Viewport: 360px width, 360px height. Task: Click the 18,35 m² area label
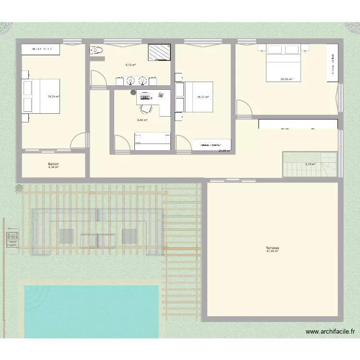tap(53, 96)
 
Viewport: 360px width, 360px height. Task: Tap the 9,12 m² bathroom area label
tap(131, 65)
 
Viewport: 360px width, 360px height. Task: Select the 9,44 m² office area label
tap(142, 120)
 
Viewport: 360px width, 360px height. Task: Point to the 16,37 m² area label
tap(203, 97)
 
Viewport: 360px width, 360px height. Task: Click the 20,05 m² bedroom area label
tap(287, 80)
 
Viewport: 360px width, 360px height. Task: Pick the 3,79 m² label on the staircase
tap(310, 164)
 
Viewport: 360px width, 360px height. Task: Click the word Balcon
tap(53, 164)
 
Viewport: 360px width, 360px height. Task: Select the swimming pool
tap(91, 311)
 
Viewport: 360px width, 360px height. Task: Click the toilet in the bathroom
tap(97, 50)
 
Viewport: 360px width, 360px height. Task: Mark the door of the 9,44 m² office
tap(121, 143)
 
